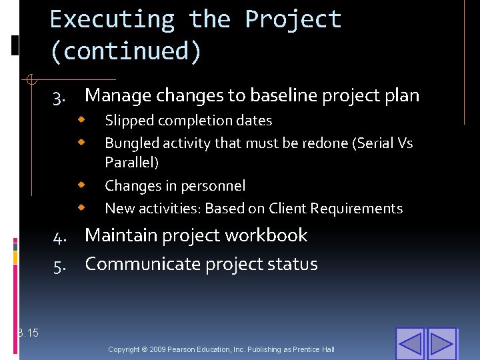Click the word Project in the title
click(293, 20)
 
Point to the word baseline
click(284, 96)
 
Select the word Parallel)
click(131, 162)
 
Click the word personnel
click(211, 186)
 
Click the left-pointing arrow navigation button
click(410, 344)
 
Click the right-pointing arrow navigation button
click(442, 344)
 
